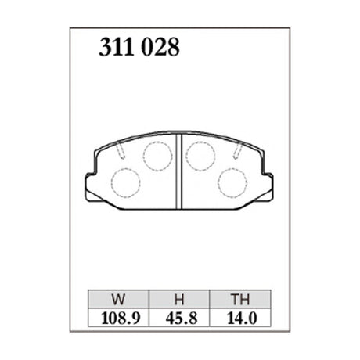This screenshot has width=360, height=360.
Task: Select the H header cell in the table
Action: [180, 299]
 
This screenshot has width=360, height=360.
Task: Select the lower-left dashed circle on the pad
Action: [125, 182]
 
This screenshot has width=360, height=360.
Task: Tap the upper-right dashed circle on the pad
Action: [201, 156]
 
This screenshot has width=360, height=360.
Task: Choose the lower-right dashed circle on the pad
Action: [232, 182]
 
